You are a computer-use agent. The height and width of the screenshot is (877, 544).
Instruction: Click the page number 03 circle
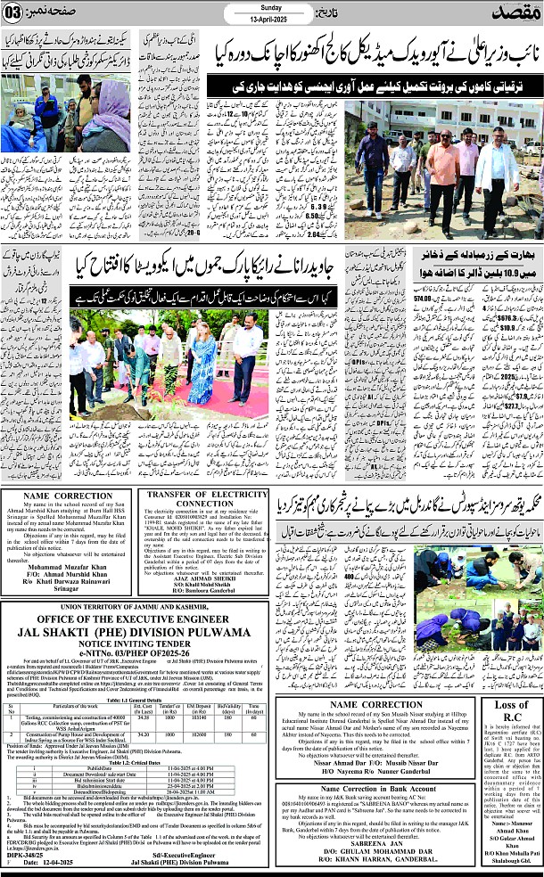[x=20, y=14]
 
